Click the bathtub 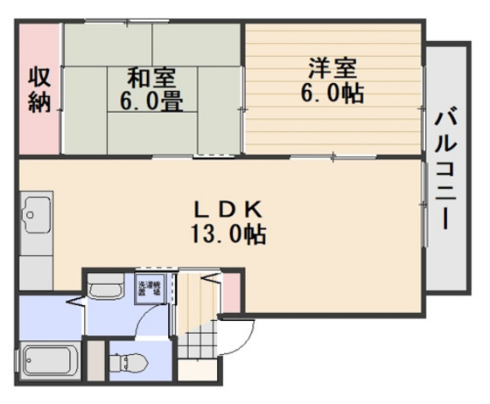[50, 359]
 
